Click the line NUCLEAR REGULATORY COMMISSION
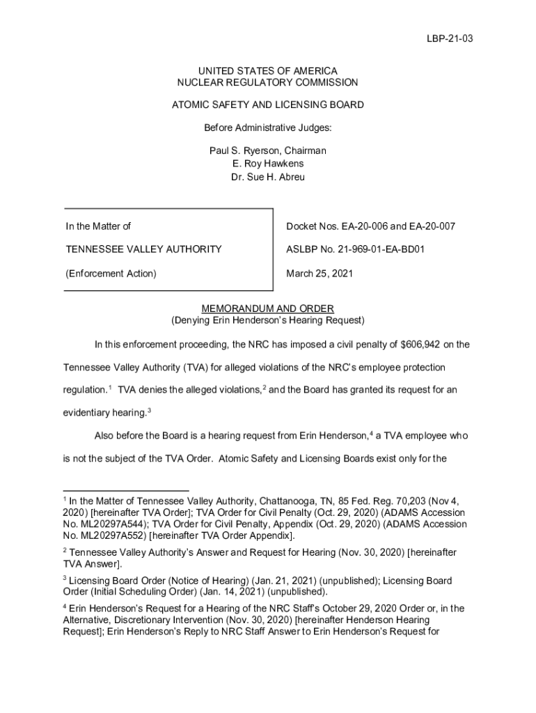click(x=268, y=83)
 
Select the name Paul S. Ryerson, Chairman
click(x=268, y=151)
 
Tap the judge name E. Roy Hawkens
click(x=268, y=164)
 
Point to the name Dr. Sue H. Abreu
click(x=268, y=177)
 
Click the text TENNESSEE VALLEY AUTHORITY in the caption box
click(x=144, y=249)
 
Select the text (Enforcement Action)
click(x=111, y=274)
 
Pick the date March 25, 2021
click(x=320, y=274)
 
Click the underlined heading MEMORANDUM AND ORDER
click(x=268, y=308)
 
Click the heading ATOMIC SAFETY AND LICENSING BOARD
click(x=268, y=105)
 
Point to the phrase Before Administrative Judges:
click(x=268, y=128)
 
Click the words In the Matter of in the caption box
click(x=98, y=226)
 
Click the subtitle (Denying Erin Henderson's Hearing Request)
click(x=268, y=321)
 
